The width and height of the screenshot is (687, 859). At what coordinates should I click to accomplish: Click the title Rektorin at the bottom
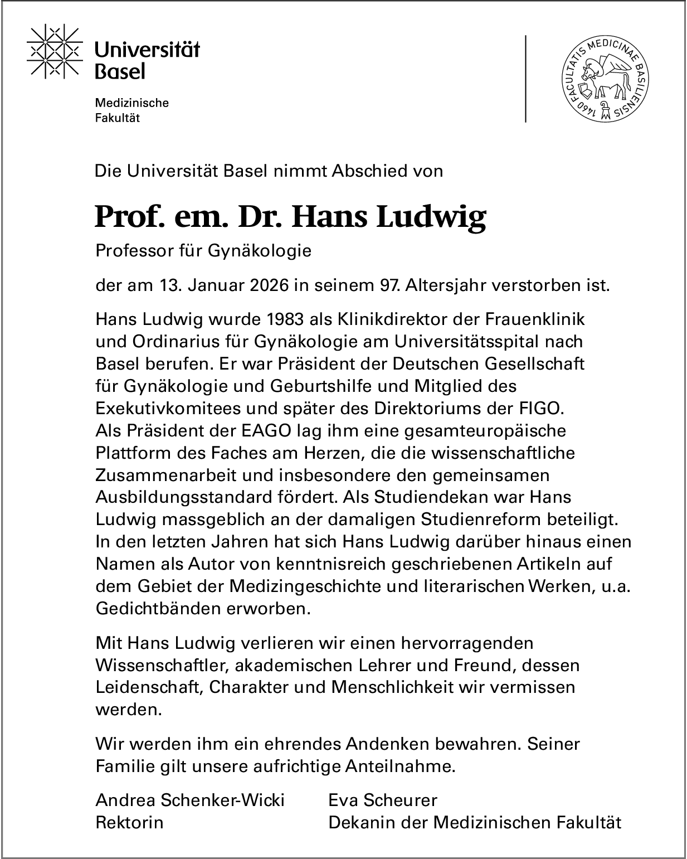130,823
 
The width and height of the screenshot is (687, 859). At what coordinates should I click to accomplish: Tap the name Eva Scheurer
383,800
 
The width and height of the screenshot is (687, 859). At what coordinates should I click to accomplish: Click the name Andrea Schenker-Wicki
190,800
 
